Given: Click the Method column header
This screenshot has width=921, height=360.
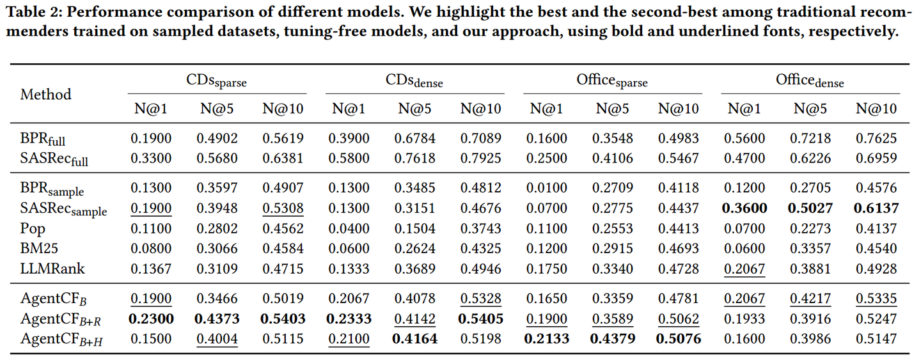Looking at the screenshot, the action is [45, 95].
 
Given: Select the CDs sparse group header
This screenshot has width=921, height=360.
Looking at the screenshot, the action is [216, 81].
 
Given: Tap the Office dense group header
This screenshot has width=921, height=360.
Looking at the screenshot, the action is [810, 81].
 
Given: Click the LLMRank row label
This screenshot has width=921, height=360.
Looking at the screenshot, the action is [52, 269].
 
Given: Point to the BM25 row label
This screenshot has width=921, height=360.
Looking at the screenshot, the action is [39, 248].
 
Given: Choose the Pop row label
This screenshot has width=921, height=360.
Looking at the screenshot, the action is [33, 229].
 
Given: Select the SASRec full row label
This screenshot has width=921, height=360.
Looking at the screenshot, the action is [54, 159].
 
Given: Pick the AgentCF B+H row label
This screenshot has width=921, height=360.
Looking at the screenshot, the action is [61, 340].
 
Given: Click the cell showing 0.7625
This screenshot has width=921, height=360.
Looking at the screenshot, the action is [876, 138].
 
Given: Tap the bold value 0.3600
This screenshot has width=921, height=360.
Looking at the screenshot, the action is [744, 208].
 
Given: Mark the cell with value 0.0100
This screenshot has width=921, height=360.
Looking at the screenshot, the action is [546, 188].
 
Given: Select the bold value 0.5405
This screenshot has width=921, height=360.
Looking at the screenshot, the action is [481, 318].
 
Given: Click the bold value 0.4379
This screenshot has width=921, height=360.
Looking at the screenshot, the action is [613, 339].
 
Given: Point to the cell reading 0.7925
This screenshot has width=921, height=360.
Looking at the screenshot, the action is [481, 158].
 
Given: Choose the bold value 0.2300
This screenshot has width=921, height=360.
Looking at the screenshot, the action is [151, 318].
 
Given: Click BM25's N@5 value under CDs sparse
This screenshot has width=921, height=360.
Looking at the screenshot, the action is [217, 248].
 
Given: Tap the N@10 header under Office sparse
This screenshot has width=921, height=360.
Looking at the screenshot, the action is [679, 109].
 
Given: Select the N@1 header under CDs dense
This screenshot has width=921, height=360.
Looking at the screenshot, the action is [349, 109].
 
